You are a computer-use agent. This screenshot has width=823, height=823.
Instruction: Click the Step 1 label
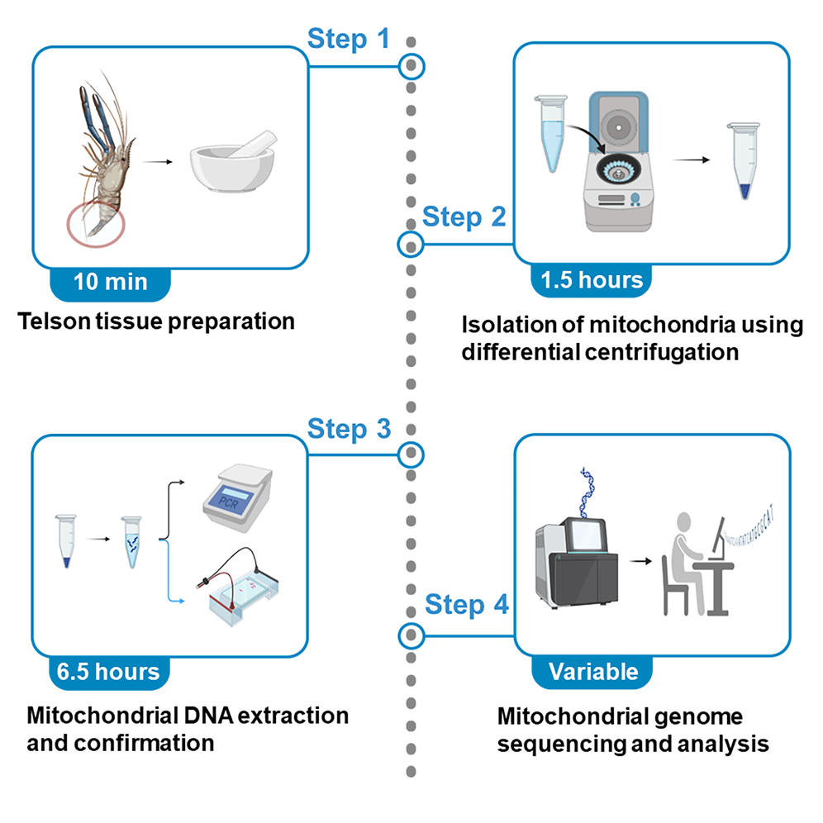348,38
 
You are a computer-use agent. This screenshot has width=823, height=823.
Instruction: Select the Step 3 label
348,429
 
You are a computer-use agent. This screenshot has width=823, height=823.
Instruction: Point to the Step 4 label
466,605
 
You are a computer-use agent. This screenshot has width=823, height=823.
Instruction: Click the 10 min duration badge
110,281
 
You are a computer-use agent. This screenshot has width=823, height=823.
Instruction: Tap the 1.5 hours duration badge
591,280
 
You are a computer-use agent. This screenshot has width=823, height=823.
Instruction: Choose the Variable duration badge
593,670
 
